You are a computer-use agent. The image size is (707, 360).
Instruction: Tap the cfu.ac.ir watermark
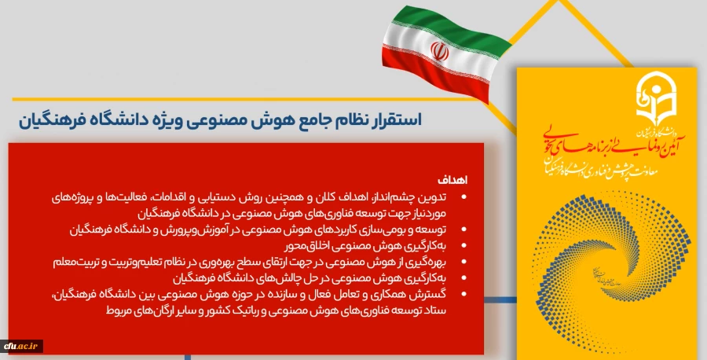pos(21,346)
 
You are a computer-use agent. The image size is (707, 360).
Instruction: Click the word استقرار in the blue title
pos(397,120)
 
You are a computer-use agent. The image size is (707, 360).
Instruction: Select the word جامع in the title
pos(311,120)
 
